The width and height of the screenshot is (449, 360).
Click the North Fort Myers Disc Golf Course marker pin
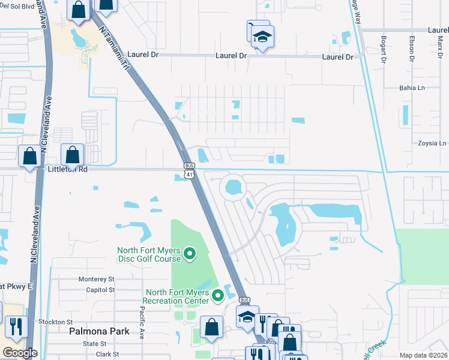pyautogui.click(x=190, y=254)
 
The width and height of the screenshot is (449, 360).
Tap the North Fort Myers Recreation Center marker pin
pyautogui.click(x=218, y=295)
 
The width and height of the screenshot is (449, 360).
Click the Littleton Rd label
pyautogui.click(x=68, y=170)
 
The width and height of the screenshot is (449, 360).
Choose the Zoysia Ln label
pyautogui.click(x=433, y=143)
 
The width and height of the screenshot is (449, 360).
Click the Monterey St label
pyautogui.click(x=96, y=279)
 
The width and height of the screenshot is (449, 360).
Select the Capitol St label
pyautogui.click(x=100, y=289)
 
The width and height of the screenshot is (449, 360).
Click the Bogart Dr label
pyautogui.click(x=383, y=49)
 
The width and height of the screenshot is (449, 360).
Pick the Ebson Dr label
pyautogui.click(x=412, y=49)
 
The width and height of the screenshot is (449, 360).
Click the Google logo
pyautogui.click(x=20, y=353)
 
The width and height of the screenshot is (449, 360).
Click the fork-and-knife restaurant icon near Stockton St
pyautogui.click(x=16, y=327)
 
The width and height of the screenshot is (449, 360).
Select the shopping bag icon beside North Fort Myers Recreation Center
pyautogui.click(x=211, y=327)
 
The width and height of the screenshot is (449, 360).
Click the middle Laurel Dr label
pyautogui.click(x=231, y=56)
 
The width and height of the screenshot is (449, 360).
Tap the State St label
pyautogui.click(x=95, y=344)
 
